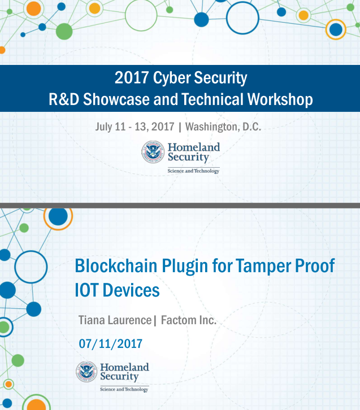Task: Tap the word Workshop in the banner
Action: point(280,99)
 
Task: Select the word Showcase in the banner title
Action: point(116,99)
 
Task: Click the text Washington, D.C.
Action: point(223,127)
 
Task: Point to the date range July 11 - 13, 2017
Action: point(135,127)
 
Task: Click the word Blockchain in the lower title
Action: point(116,265)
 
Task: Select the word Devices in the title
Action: point(131,290)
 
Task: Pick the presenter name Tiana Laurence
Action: point(115,320)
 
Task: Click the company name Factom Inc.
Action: point(189,320)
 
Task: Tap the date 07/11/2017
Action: point(110,344)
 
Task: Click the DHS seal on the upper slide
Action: point(153,152)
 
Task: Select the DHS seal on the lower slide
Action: point(86,372)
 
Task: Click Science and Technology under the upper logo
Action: point(193,171)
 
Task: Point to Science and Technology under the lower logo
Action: point(124,389)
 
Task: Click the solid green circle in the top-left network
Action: point(64,32)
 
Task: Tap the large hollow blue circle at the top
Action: point(242,18)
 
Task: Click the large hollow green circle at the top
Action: point(141,15)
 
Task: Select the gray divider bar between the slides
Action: point(180,206)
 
